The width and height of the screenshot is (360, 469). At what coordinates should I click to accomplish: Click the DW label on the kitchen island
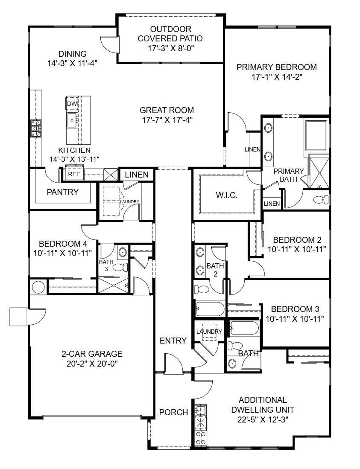(71, 104)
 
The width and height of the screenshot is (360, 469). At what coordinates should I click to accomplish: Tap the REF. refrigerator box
(74, 175)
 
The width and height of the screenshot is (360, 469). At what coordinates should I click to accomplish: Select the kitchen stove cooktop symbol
(35, 128)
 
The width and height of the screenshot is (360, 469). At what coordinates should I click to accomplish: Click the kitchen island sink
(72, 120)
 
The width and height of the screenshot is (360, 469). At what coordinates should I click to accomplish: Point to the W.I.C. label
(226, 195)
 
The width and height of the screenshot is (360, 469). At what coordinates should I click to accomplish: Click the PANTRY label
(63, 192)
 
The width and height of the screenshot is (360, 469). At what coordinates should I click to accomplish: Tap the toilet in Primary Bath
(320, 199)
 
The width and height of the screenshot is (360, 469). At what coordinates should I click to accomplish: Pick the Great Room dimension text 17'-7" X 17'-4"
(167, 120)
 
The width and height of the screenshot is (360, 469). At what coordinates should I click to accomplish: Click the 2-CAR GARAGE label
(92, 354)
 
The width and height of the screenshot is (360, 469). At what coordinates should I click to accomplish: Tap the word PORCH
(173, 412)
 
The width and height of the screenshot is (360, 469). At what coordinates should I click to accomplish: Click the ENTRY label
(173, 341)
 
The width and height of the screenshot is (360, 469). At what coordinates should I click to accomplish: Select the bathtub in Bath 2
(210, 309)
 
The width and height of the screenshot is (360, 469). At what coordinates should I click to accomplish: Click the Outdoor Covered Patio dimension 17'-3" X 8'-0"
(170, 48)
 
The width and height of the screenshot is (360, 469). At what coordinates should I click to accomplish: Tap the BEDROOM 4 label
(63, 244)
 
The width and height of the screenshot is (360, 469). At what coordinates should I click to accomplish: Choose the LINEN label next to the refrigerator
(137, 175)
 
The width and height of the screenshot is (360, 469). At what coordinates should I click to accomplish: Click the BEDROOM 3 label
(295, 309)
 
